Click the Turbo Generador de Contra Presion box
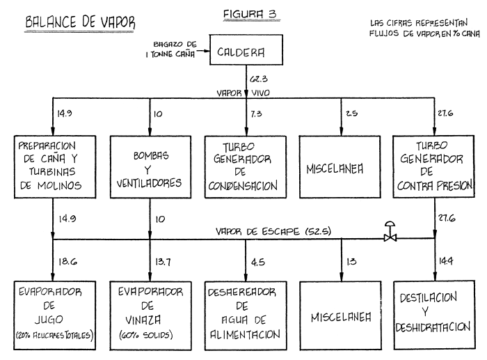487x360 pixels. point(435,165)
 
